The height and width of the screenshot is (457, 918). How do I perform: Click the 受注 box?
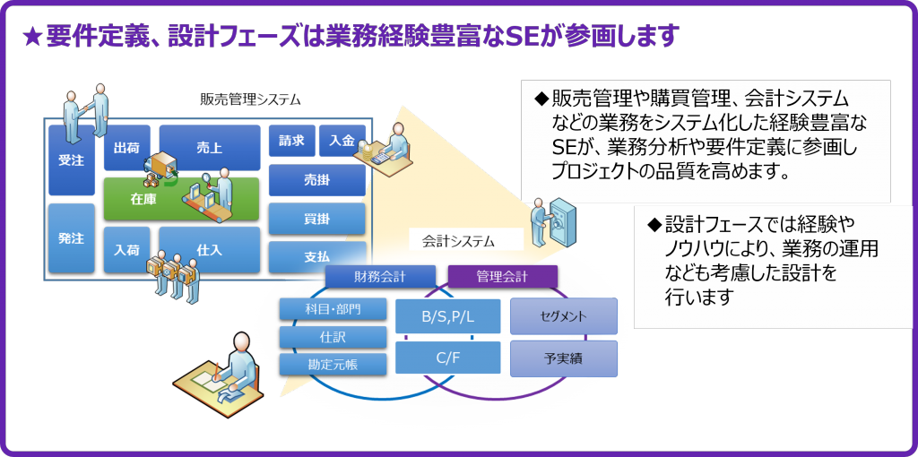click(72, 160)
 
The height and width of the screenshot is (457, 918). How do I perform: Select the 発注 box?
click(72, 238)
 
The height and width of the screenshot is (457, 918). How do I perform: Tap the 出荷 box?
click(126, 148)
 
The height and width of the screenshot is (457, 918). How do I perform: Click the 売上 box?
click(210, 148)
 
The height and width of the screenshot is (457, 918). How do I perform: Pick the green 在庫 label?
click(143, 200)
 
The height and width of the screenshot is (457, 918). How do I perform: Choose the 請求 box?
click(291, 141)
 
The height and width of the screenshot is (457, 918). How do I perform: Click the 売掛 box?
click(316, 180)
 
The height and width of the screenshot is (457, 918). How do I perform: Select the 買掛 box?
click(316, 219)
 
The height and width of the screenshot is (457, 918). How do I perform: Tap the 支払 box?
click(316, 257)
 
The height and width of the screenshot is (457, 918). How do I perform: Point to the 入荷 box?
click(126, 250)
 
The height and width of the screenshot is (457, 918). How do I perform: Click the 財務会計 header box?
click(380, 277)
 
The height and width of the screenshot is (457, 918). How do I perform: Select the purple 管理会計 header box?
click(502, 277)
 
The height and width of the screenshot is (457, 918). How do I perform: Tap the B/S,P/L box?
click(448, 316)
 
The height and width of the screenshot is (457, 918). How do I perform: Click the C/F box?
click(448, 358)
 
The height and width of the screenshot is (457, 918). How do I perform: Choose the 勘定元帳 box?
click(333, 365)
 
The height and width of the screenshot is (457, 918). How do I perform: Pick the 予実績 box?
click(563, 358)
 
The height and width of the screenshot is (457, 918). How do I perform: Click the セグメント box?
click(563, 316)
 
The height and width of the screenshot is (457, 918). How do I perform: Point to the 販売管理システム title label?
click(250, 99)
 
